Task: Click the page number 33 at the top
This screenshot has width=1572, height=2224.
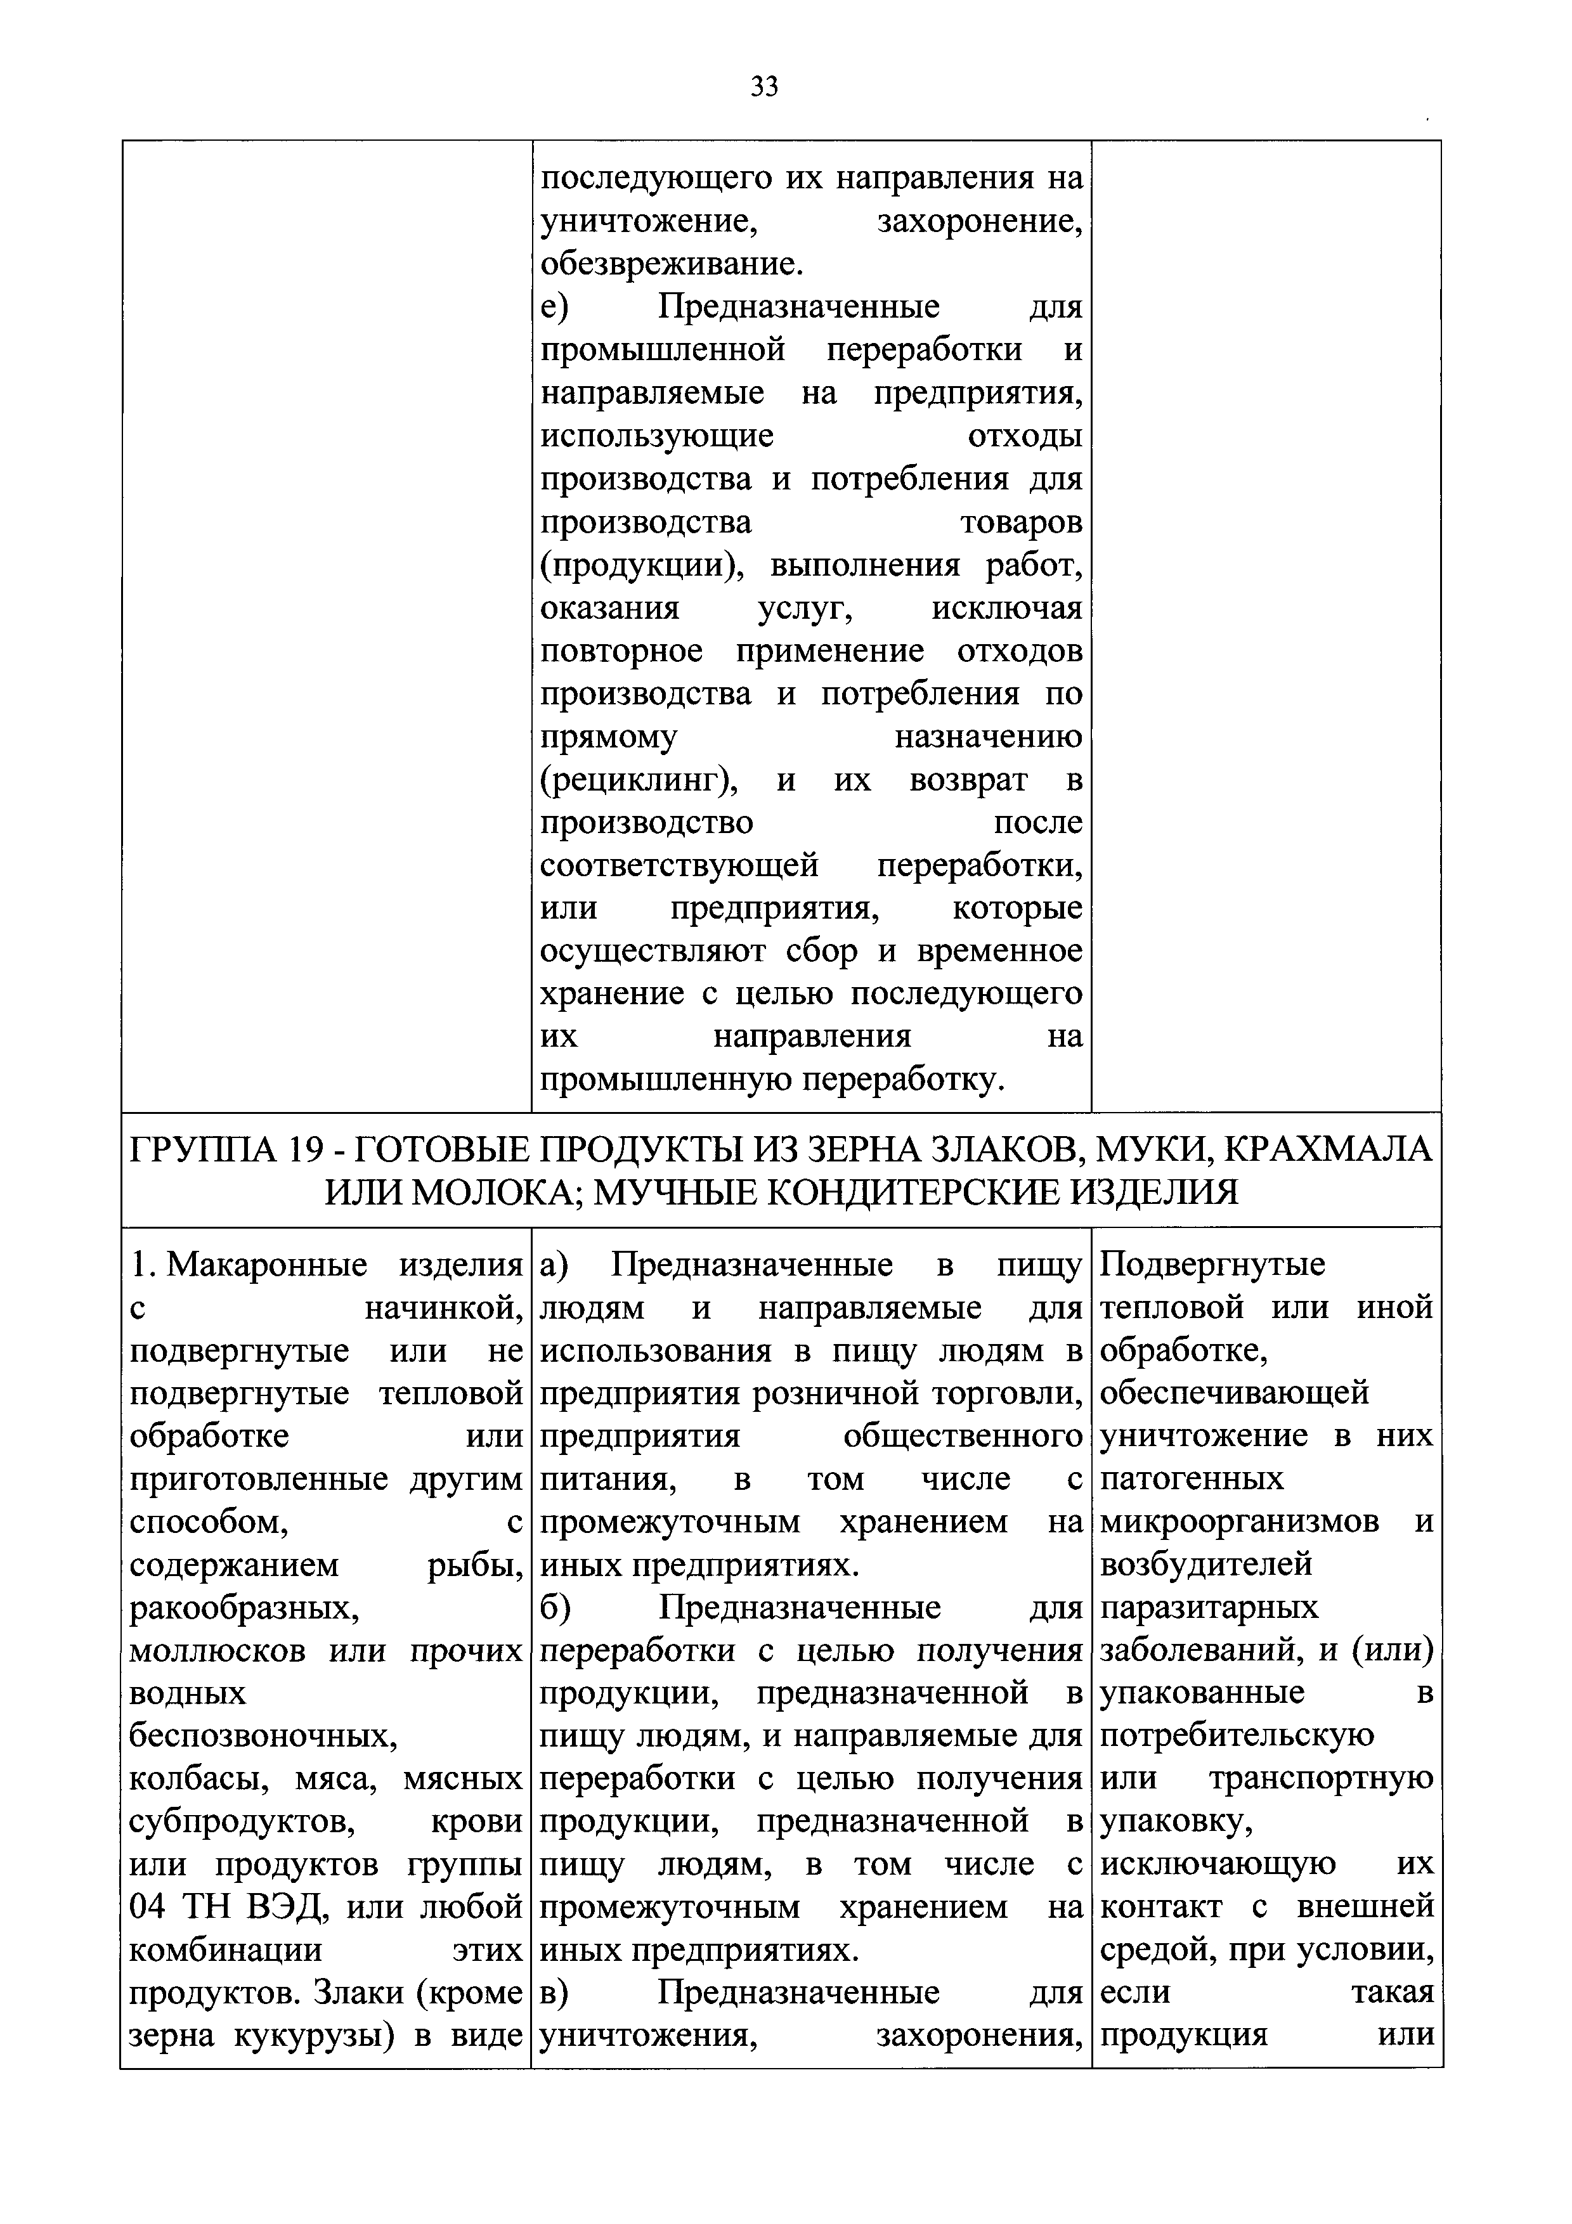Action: tap(764, 88)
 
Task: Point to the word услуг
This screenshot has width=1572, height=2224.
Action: tap(804, 609)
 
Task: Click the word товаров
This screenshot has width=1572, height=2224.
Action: tap(1021, 523)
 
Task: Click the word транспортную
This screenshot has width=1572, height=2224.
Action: tap(1321, 1780)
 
